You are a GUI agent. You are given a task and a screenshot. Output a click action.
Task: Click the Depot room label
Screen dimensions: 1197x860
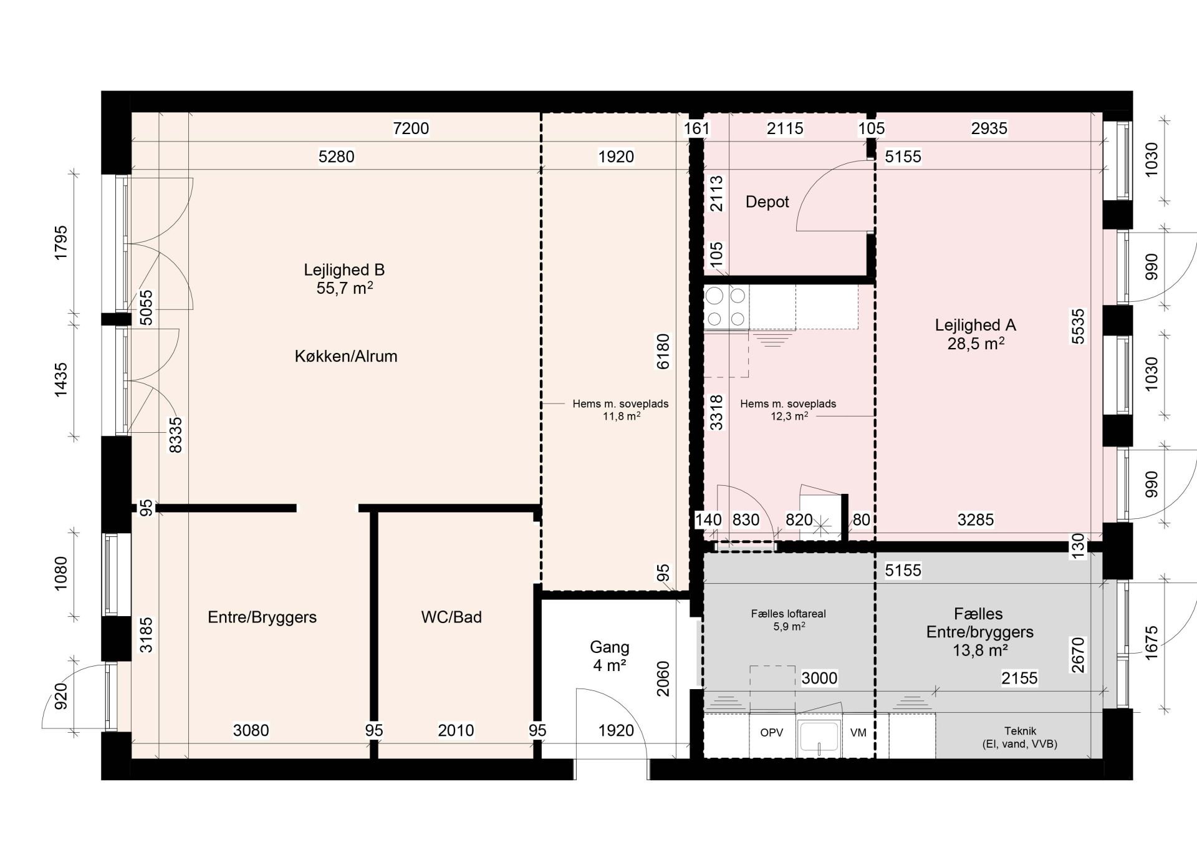[767, 202]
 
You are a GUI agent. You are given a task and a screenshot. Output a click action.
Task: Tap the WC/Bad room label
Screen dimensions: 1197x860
[451, 617]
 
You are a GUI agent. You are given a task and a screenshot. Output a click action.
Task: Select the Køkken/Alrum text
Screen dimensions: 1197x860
[346, 356]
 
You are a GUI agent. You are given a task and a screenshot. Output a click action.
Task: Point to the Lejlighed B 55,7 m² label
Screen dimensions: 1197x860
[344, 279]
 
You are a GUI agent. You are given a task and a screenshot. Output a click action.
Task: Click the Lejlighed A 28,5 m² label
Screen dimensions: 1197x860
[976, 334]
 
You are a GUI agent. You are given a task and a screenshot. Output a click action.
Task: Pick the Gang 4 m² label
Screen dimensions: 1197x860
[610, 656]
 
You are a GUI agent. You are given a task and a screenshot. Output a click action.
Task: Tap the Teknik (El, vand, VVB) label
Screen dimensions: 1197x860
[1020, 737]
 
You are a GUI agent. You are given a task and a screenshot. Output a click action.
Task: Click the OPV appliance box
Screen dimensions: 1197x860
[772, 734]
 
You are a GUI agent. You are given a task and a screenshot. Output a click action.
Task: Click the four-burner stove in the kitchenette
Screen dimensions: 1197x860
[726, 307]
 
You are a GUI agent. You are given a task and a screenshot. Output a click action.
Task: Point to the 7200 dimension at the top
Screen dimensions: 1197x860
[411, 128]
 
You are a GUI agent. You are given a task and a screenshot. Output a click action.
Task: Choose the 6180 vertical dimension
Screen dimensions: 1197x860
[663, 352]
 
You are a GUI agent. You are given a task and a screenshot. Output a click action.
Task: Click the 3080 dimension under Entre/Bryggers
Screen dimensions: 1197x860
[251, 730]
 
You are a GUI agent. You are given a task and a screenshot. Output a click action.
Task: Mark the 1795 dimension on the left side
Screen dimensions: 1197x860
[60, 243]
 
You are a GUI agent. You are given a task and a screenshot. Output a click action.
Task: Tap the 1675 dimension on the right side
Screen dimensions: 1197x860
[1151, 642]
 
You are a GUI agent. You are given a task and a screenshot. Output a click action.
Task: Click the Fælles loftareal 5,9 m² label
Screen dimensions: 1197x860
[789, 620]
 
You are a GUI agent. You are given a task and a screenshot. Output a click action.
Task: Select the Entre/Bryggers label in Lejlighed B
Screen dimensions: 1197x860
[262, 617]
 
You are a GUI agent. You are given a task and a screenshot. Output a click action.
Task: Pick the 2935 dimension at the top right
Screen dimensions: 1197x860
[989, 128]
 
